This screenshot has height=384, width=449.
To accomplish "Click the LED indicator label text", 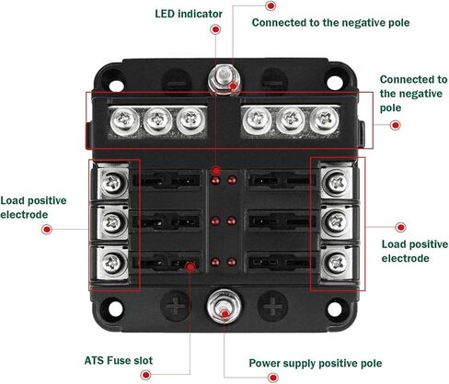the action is (189, 14).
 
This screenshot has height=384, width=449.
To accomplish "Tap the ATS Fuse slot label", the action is (119, 360).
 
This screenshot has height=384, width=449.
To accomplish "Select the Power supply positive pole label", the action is (316, 363).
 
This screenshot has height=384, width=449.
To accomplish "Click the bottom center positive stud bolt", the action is (224, 306).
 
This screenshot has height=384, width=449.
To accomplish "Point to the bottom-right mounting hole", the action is (335, 309).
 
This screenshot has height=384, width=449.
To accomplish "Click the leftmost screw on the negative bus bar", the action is (124, 121).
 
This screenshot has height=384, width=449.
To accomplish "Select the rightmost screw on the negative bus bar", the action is (325, 121).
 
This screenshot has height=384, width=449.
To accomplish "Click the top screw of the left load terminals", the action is (113, 183).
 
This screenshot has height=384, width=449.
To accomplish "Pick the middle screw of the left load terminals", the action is (113, 222).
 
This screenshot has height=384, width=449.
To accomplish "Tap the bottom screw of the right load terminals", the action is (337, 263).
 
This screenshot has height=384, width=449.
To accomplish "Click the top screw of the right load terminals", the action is (337, 183).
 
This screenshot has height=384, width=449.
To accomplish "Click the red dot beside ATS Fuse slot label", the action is (145, 375).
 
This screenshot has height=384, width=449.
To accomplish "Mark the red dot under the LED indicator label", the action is (215, 29).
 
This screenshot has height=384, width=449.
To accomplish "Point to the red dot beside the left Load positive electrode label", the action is (47, 229).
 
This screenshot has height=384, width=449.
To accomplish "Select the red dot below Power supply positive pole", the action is (272, 378).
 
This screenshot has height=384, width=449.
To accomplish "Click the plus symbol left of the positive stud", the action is (176, 306).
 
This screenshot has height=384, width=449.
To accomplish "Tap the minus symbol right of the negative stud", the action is (274, 83).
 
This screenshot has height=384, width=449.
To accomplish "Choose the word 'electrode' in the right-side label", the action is (405, 258).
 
